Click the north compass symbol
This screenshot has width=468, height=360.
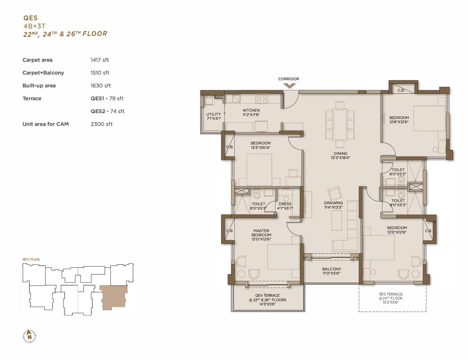(x=29, y=336)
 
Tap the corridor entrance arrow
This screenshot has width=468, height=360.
(x=289, y=86)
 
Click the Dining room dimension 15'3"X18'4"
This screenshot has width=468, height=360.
(x=340, y=158)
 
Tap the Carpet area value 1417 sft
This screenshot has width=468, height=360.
(x=100, y=60)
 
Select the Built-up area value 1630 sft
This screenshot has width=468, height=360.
(x=101, y=86)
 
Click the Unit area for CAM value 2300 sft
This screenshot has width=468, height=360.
(x=101, y=124)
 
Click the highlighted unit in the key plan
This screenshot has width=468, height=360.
(x=113, y=297)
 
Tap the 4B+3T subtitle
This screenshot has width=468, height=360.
(x=34, y=26)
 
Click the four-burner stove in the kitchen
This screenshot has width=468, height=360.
(x=262, y=99)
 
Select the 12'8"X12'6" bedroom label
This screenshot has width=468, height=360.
(x=399, y=120)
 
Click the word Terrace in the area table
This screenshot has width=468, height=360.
(x=31, y=98)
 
